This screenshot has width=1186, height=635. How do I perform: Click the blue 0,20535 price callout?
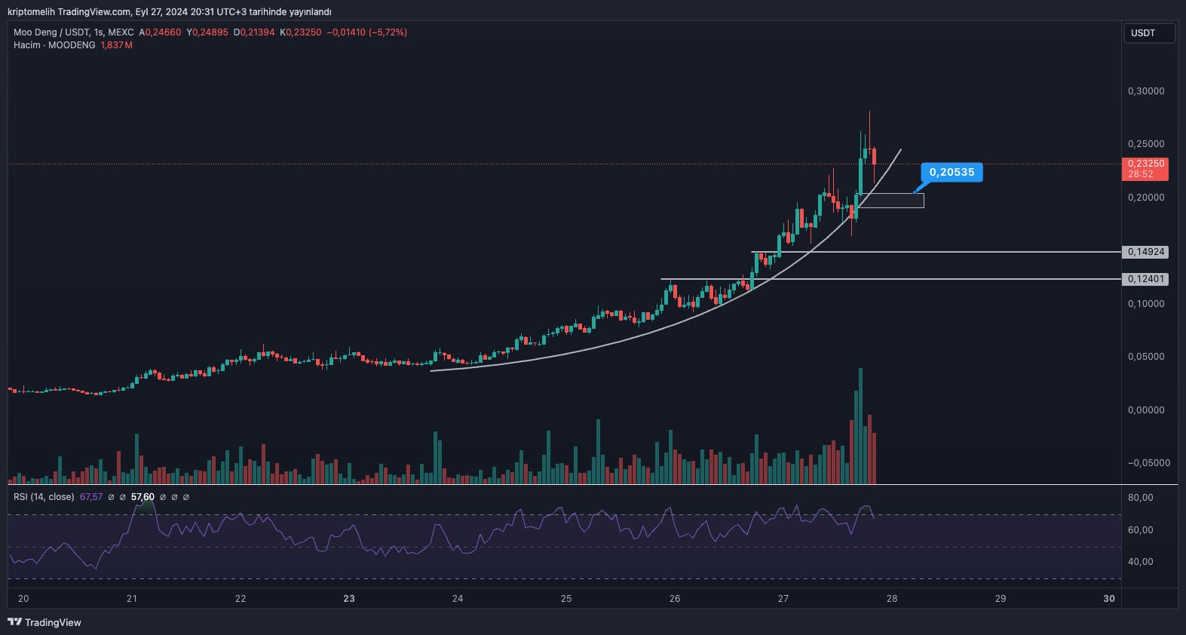(x=952, y=172)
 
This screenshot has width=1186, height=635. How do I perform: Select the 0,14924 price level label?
(x=1145, y=252)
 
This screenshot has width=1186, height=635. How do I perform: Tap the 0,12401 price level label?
(x=1145, y=278)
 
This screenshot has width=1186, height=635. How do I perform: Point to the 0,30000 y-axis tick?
(x=1146, y=91)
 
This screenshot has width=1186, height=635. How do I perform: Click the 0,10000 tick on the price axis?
(x=1146, y=303)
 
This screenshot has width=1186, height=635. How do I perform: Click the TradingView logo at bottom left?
(x=44, y=622)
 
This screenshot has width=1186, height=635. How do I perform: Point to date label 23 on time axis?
(x=349, y=599)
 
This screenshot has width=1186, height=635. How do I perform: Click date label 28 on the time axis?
(x=892, y=599)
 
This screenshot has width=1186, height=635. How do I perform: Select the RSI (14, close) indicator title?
(x=44, y=497)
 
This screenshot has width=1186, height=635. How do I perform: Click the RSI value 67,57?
(x=91, y=497)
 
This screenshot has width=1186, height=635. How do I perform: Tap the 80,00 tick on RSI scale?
(x=1141, y=497)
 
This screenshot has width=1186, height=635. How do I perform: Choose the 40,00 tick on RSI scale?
(x=1141, y=561)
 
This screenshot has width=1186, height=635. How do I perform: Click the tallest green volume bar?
(x=860, y=426)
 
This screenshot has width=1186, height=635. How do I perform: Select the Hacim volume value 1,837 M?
(x=116, y=45)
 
